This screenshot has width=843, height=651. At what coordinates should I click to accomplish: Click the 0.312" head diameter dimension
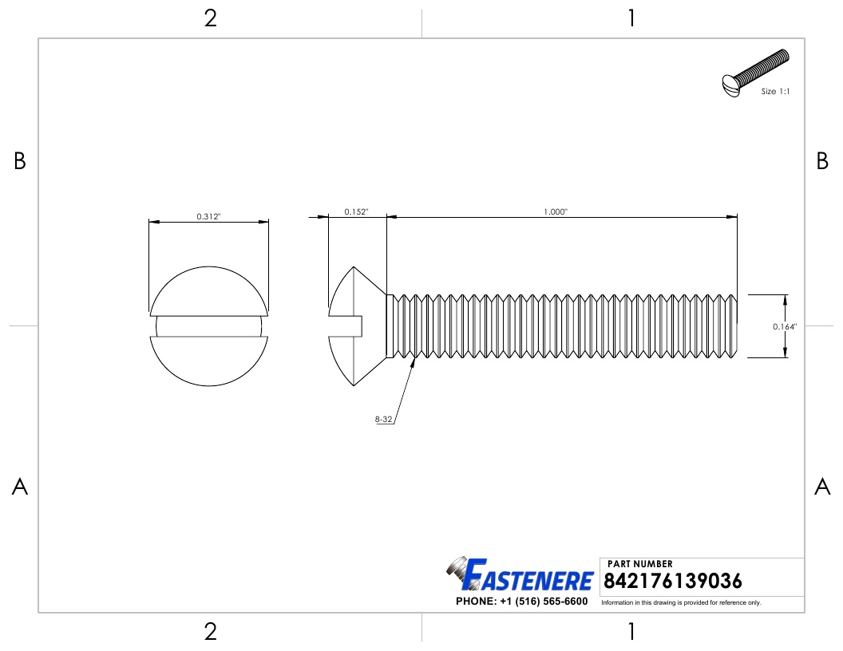pos(208,216)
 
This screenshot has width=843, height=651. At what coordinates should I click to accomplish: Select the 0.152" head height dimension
pos(355,211)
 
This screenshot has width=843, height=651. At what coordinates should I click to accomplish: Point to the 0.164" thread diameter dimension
pos(785,327)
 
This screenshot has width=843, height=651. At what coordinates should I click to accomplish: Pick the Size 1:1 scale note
pos(775,92)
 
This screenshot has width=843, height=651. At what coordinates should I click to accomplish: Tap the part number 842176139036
pos(673,580)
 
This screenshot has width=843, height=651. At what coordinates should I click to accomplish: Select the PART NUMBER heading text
pos(639,564)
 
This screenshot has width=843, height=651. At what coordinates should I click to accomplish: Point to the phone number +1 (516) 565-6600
pos(521,602)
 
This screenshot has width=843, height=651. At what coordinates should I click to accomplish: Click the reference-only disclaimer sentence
pos(681,602)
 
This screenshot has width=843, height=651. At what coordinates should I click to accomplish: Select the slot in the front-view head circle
pos(208,325)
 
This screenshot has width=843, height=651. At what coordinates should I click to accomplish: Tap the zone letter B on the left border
pos(20,162)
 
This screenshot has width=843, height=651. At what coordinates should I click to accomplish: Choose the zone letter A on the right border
pos(822,487)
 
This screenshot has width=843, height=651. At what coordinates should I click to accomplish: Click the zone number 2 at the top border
pos(210,19)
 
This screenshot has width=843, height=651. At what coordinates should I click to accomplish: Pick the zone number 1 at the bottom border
pos(631,633)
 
